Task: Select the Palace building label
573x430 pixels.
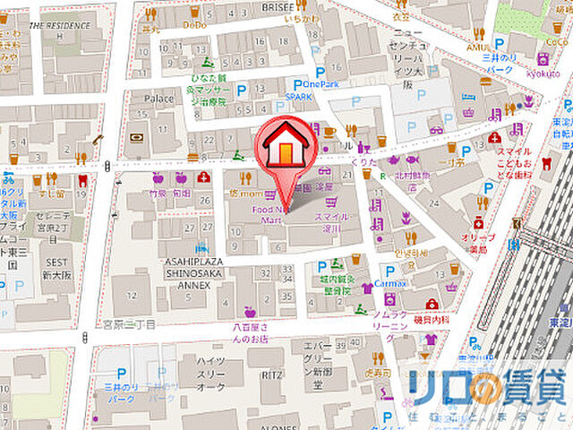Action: coord(158,98)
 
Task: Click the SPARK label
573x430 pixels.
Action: coord(299,96)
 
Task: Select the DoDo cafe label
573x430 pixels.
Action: coord(195,26)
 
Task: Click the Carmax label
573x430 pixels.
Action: coord(390,282)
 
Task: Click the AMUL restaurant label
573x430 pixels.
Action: coord(475,46)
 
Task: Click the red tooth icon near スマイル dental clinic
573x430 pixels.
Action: coord(545,164)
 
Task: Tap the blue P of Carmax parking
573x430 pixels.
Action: coord(390,270)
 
